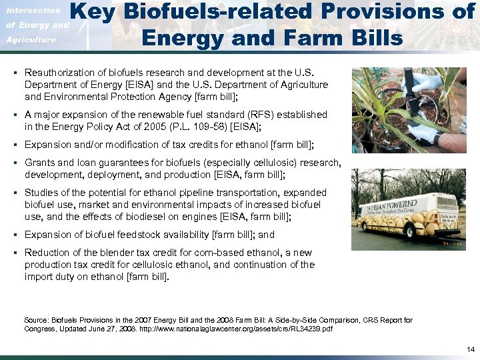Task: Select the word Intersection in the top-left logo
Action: (33, 10)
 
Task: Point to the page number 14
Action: (469, 349)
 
